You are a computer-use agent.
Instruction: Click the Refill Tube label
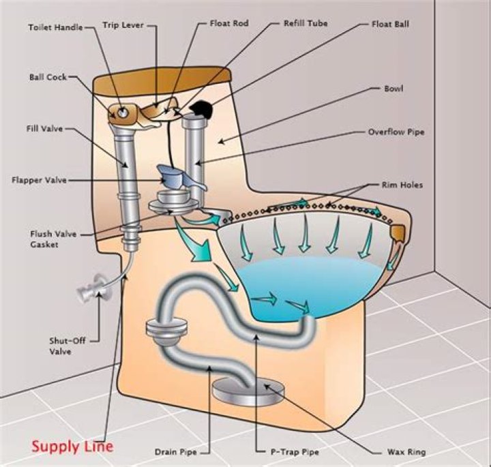point(306,23)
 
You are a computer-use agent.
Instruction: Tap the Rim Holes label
point(402,185)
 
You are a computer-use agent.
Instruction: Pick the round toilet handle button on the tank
point(123,111)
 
